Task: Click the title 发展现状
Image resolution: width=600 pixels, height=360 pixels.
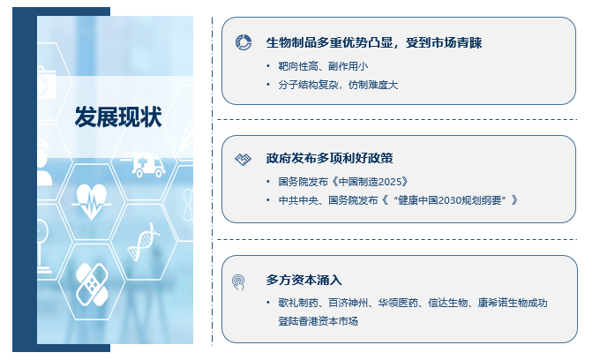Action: [118, 116]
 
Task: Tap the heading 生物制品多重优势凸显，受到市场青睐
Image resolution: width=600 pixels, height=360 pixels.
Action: [374, 42]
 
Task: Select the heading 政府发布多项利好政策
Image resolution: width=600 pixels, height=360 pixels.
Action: [329, 158]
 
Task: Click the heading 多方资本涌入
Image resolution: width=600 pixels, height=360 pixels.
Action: [304, 280]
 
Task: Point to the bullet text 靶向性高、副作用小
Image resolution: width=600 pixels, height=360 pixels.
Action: [323, 66]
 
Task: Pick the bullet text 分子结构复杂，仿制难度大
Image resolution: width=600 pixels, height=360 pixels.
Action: [338, 85]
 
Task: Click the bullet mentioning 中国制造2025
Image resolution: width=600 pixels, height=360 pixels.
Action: [343, 182]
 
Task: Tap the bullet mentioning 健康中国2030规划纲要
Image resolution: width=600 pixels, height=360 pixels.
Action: [398, 199]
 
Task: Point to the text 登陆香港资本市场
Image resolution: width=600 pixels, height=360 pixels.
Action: [318, 321]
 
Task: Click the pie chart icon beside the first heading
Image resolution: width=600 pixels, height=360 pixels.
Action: [244, 42]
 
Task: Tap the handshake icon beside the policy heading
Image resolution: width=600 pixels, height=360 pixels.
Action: [243, 159]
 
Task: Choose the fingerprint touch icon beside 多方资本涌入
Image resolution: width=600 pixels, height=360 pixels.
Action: [238, 282]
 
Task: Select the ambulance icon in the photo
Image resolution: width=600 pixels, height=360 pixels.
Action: [144, 164]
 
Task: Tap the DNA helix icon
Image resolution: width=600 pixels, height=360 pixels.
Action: [144, 242]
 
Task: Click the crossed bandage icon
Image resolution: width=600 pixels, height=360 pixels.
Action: [92, 284]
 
